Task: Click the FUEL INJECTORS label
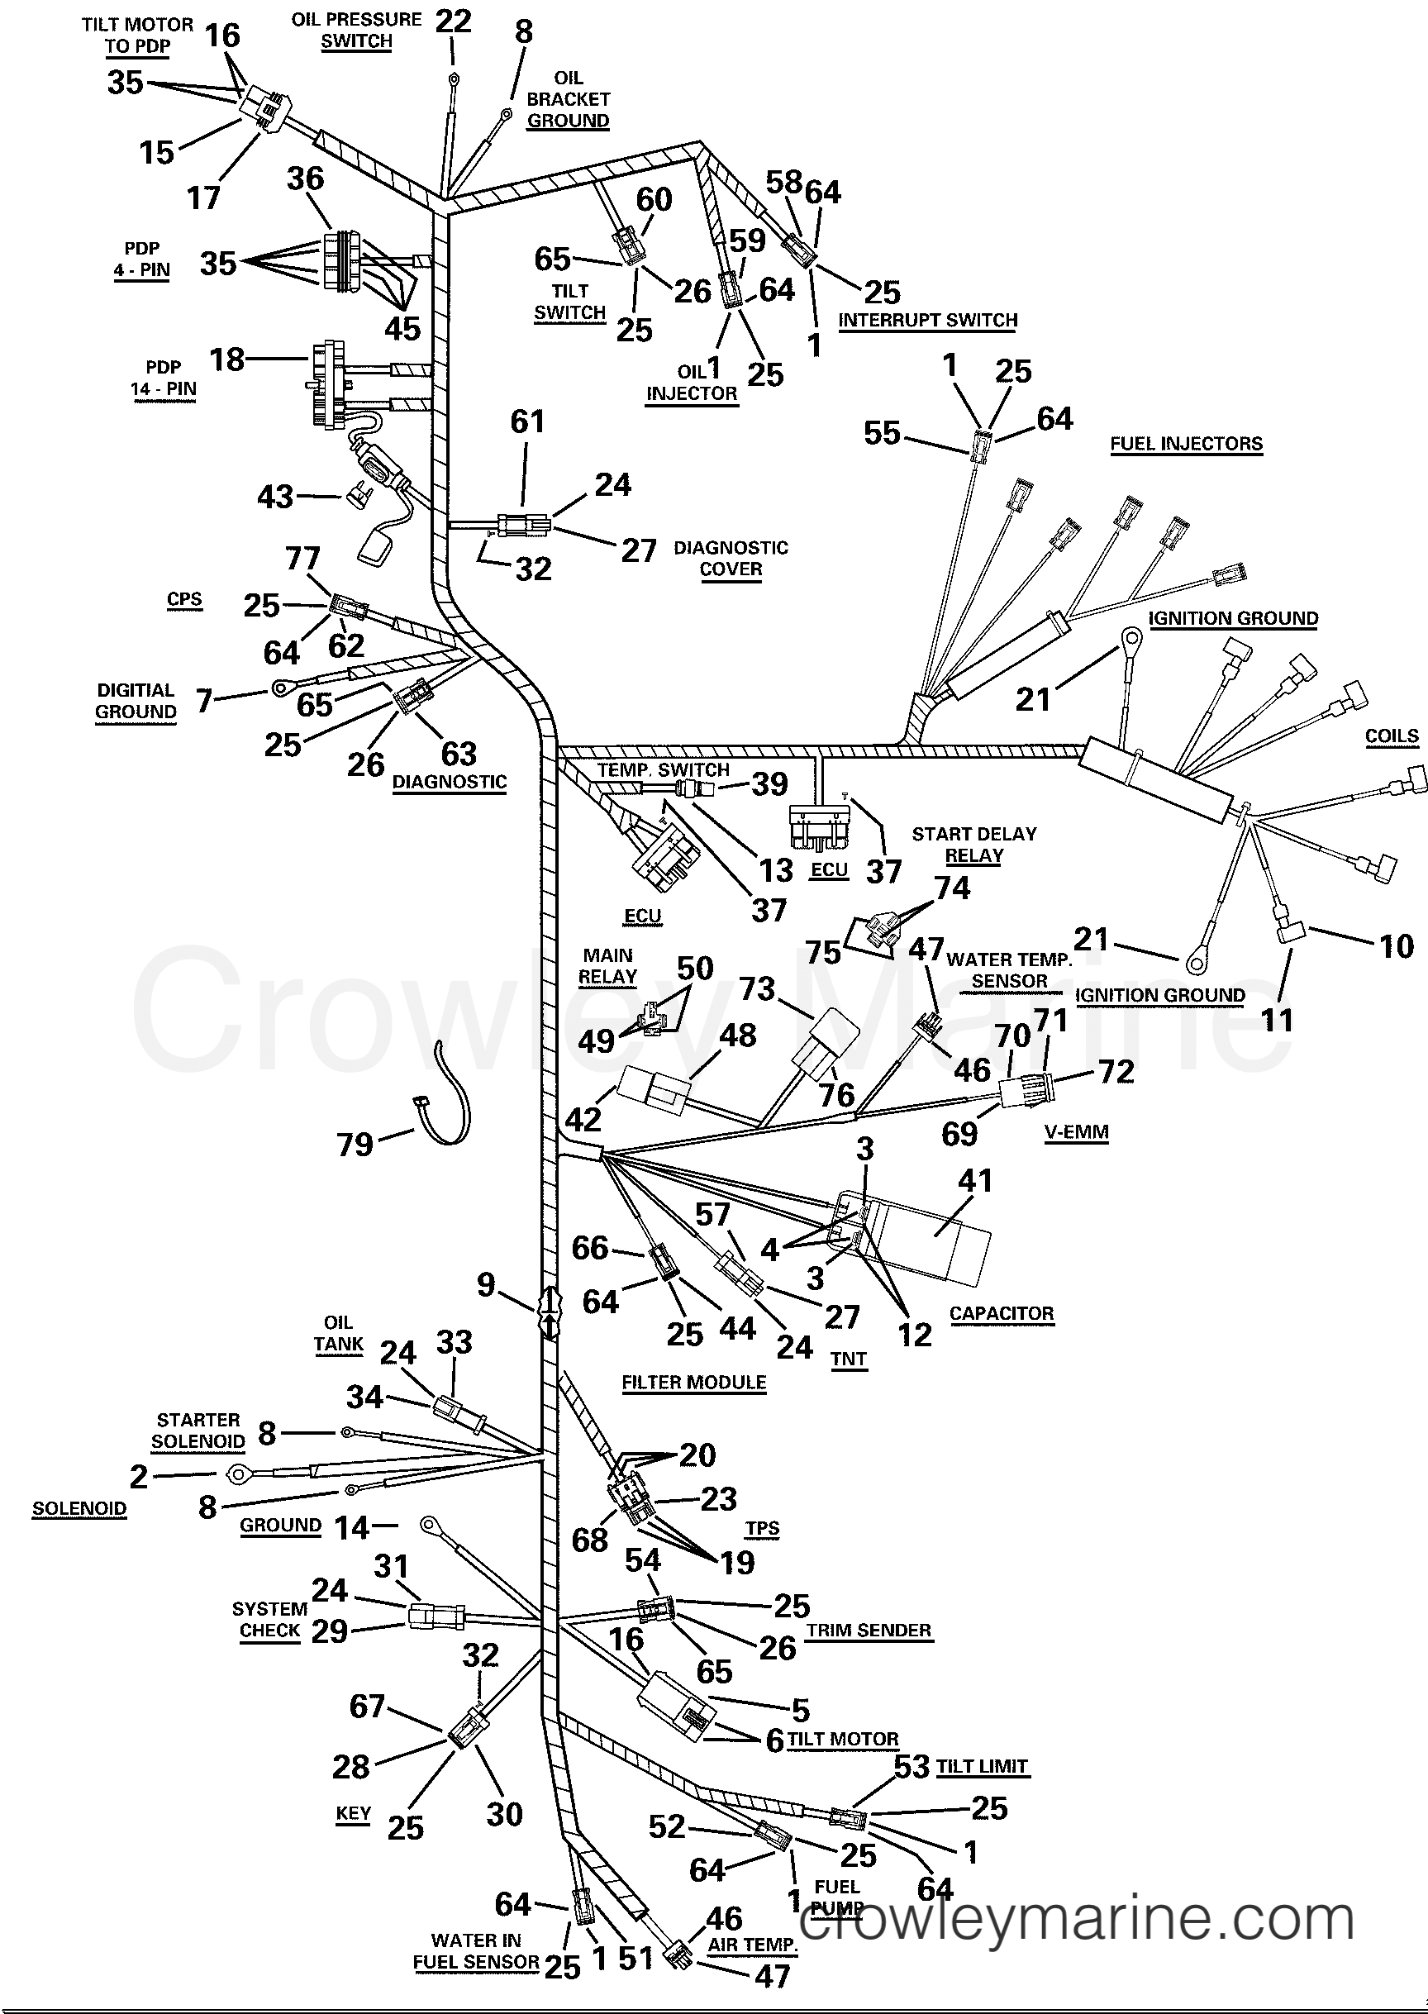click(1185, 444)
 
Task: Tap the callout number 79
click(355, 1145)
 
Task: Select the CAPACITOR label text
click(1001, 1313)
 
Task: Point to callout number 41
click(975, 1181)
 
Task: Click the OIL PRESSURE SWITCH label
click(356, 30)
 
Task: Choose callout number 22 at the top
click(454, 21)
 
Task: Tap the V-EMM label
click(1076, 1132)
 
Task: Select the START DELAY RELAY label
click(973, 845)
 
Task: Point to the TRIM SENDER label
click(869, 1630)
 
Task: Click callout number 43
click(274, 497)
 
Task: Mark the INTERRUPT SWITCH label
click(928, 320)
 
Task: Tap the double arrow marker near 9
click(549, 1313)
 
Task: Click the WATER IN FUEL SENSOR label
click(476, 1950)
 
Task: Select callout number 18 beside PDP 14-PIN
click(227, 359)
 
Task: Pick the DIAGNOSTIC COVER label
click(731, 558)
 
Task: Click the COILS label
click(1391, 736)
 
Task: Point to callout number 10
click(1396, 947)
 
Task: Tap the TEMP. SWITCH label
click(663, 770)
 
